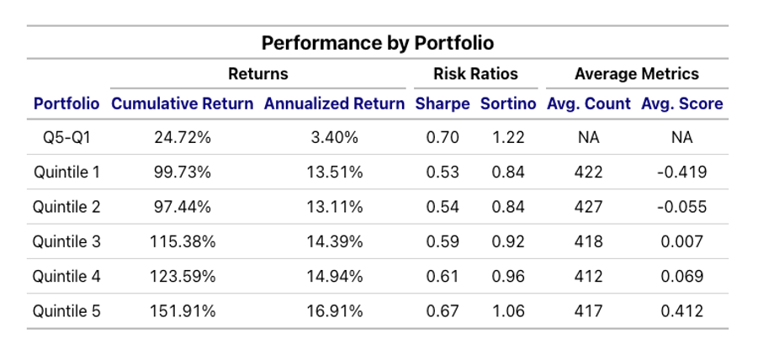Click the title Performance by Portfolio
click(x=377, y=43)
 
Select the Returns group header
click(x=258, y=74)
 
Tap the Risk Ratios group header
click(x=475, y=74)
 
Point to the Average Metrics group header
click(x=637, y=74)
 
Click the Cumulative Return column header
click(x=182, y=104)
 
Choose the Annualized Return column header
click(x=334, y=104)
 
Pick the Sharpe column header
click(x=442, y=104)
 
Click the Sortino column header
click(x=508, y=104)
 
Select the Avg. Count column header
click(x=589, y=104)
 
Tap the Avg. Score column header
click(x=682, y=104)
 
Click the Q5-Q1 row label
click(x=66, y=138)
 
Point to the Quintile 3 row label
click(x=66, y=241)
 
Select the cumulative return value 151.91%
click(x=183, y=310)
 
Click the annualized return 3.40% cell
click(x=335, y=138)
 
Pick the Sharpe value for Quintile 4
click(x=442, y=276)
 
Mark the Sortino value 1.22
click(x=508, y=138)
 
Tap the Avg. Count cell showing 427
click(x=588, y=207)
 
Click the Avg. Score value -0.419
click(x=681, y=172)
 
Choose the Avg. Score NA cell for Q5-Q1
click(x=681, y=138)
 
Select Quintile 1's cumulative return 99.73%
click(x=183, y=172)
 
